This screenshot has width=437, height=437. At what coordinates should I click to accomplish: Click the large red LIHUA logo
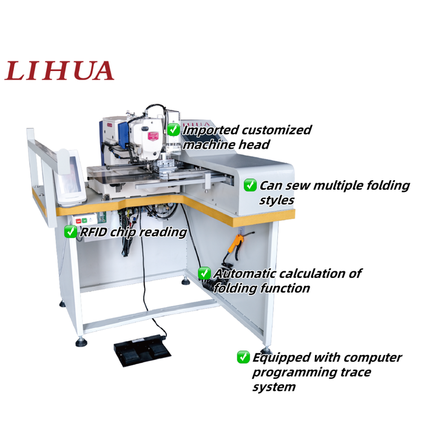59,70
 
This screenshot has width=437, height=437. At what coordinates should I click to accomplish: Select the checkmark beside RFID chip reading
70,231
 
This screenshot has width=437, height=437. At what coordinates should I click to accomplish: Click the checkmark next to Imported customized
174,129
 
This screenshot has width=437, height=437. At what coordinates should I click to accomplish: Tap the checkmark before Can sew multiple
250,185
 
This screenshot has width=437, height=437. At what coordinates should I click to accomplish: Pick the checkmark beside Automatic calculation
205,273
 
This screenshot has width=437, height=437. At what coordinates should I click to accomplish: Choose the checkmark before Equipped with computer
243,357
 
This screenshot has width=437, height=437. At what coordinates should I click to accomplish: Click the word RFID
93,232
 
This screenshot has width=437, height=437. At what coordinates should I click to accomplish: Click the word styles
277,200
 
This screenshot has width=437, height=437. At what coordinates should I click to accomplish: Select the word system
274,387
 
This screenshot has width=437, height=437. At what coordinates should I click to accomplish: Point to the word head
255,145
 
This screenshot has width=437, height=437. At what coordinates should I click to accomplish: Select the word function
285,288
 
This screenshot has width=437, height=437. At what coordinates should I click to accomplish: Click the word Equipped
278,358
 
